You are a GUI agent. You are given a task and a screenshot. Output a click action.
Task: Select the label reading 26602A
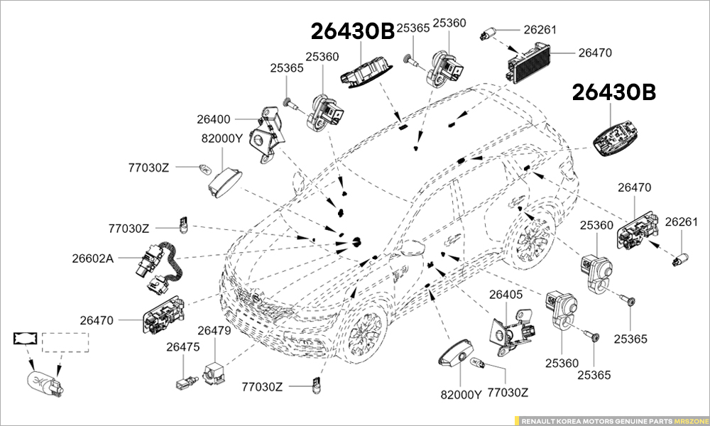click(92, 258)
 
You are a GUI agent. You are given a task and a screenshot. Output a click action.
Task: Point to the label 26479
click(214, 330)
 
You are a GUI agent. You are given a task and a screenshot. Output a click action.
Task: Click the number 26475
click(182, 347)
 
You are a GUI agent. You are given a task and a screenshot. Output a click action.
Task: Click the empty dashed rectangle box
click(65, 342)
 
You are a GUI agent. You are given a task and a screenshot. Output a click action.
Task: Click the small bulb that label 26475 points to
click(182, 382)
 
